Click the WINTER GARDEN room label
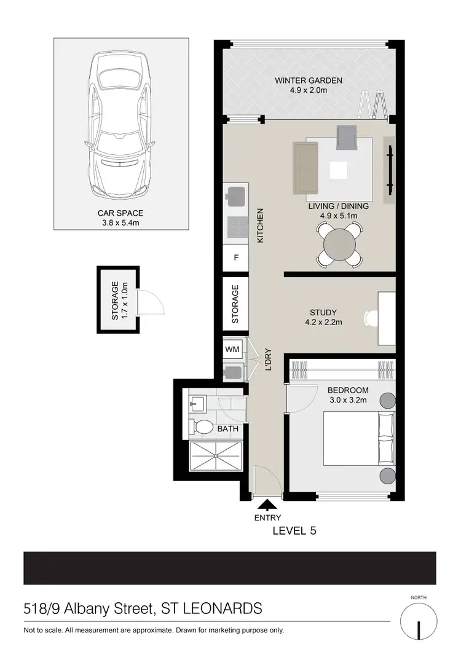(x=308, y=81)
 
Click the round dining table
(x=340, y=245)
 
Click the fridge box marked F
(x=235, y=258)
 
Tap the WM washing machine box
(x=232, y=349)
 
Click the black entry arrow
(x=267, y=505)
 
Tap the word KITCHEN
(x=260, y=225)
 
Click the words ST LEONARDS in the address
(x=211, y=609)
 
